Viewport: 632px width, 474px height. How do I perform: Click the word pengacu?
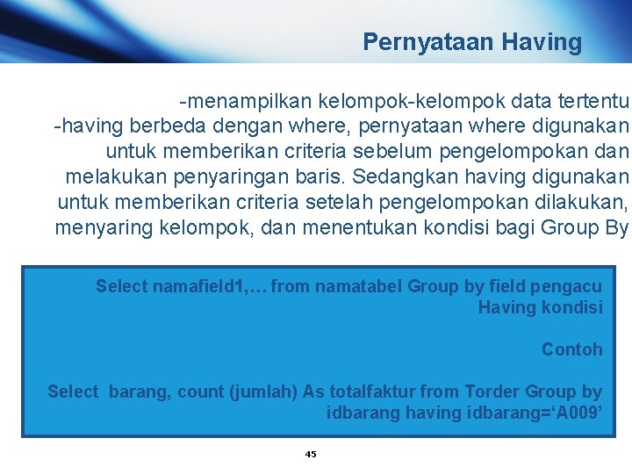[571, 286]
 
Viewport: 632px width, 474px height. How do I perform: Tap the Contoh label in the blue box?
[571, 349]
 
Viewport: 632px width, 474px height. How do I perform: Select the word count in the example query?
[200, 391]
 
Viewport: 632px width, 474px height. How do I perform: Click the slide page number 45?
[311, 454]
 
